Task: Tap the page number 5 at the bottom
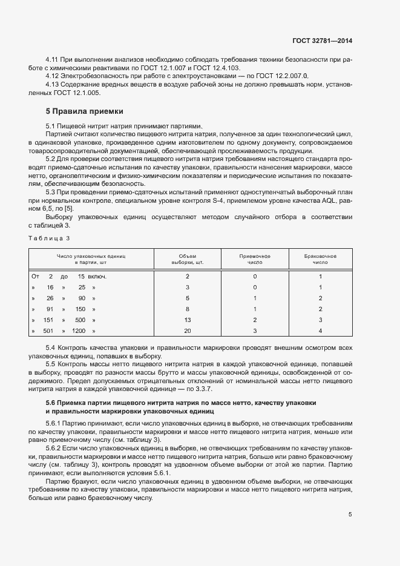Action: pos(350,515)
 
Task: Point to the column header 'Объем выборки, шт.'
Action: pos(187,260)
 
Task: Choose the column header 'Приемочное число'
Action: pos(255,260)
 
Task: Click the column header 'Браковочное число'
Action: pos(320,260)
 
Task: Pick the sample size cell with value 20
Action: pos(187,331)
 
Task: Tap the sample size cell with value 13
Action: pos(187,320)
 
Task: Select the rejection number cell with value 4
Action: pos(320,331)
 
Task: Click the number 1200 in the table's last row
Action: pos(79,331)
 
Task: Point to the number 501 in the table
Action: pos(48,331)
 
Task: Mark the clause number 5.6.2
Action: pos(54,447)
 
